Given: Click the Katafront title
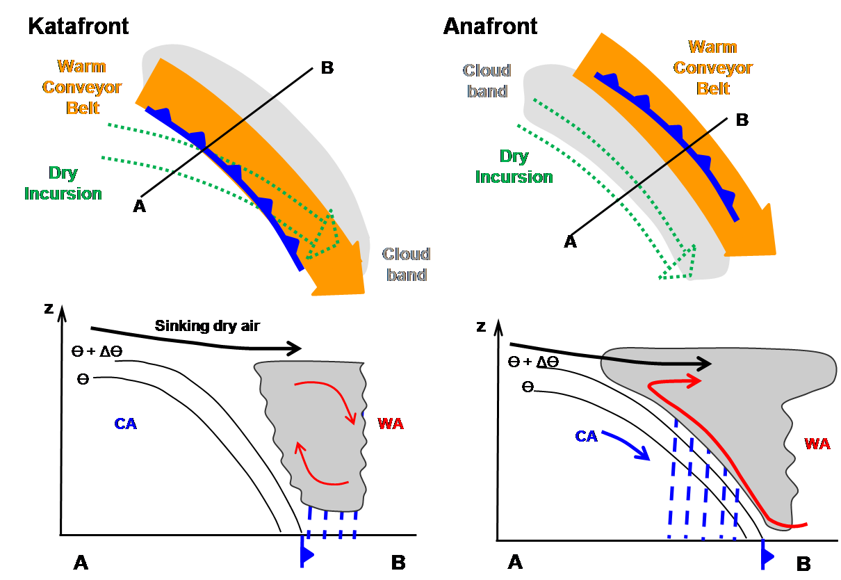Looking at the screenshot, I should point(78,27).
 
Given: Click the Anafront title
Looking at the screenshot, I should point(490,27).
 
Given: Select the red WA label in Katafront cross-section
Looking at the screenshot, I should point(390,423).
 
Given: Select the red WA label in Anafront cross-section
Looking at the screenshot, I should point(817,443).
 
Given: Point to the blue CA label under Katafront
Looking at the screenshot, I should point(126,423).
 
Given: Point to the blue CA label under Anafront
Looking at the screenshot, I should point(587,436).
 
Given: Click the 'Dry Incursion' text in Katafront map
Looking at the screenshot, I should point(63,184).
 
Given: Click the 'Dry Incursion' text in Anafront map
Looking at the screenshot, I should point(514,167).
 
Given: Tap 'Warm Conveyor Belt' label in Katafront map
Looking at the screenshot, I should point(81,87).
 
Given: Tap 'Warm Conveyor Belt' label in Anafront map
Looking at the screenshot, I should point(712,67).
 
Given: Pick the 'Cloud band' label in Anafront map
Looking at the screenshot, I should point(487,81).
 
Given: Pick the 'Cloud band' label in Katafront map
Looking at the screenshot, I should point(406,264).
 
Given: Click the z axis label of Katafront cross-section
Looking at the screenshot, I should point(48,307).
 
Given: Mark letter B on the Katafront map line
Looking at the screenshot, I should point(327,67).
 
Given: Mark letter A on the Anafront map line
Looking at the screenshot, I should point(570,241).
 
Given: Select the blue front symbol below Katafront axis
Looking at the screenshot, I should point(306,553).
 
